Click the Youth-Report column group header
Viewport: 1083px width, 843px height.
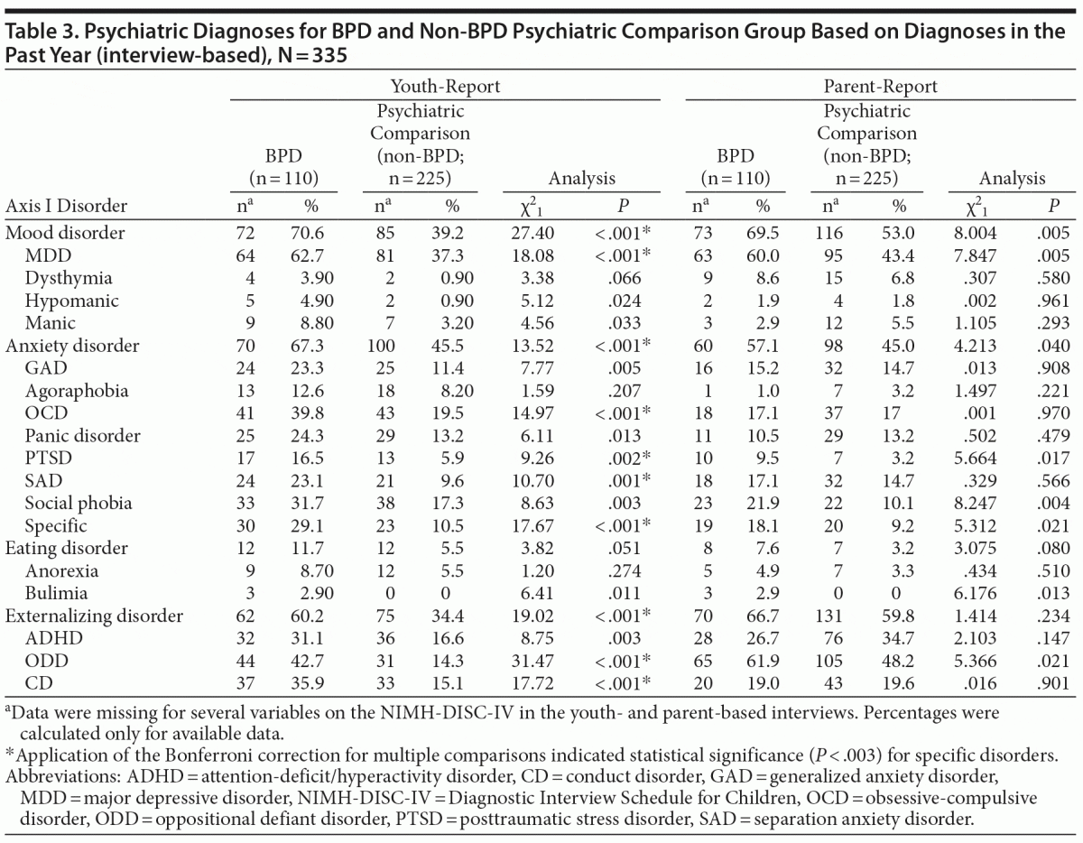(x=445, y=87)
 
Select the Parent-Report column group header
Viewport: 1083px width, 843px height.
(x=880, y=87)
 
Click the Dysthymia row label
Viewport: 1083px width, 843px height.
(x=61, y=277)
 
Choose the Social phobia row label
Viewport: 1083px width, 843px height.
(x=79, y=503)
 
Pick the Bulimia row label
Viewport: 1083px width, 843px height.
(x=53, y=593)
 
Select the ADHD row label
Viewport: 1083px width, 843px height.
(x=47, y=638)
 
